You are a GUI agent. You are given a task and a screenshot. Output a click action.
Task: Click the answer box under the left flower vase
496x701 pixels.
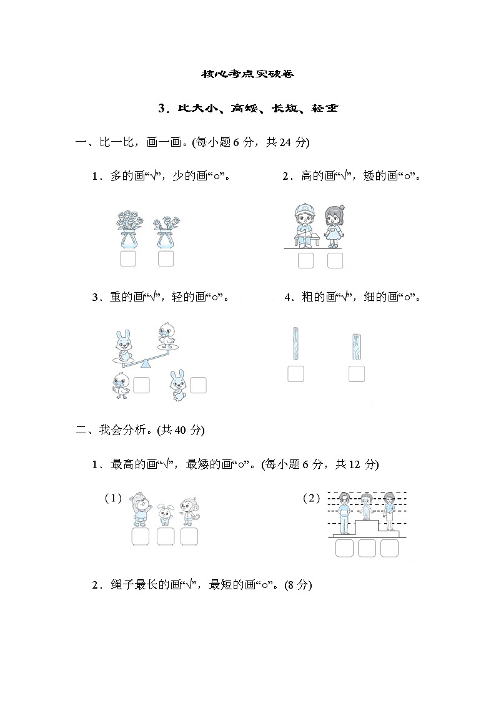pos(128,259)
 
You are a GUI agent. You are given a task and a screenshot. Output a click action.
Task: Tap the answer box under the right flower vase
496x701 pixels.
pos(166,259)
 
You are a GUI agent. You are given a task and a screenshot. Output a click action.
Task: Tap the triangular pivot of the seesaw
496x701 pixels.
pos(146,363)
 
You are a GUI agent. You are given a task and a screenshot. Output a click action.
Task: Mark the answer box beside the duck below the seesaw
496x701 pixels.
pos(142,386)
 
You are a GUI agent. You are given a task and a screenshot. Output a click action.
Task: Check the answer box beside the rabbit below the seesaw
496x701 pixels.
pos(198,386)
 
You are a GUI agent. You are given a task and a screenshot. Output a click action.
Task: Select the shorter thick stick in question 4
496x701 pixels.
pos(357,347)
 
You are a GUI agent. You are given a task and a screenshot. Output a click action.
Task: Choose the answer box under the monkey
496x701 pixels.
pos(189,537)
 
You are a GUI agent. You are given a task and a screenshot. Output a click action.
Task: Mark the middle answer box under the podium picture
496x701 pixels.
pos(367,548)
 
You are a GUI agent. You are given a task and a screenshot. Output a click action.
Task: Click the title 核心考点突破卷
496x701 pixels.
pos(247,74)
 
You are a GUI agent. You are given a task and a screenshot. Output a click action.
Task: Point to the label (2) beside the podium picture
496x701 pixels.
pos(311,498)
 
